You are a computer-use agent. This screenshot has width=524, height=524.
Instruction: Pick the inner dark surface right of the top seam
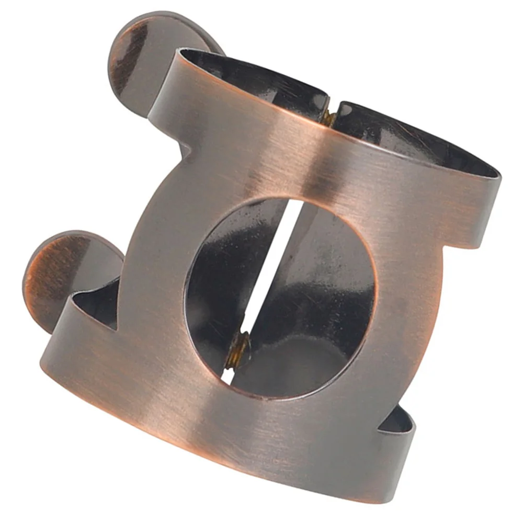(408, 136)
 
